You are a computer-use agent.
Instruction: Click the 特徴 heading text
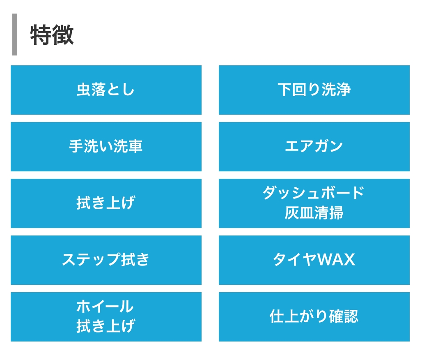(52, 35)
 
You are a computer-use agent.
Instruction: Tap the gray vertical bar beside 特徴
(15, 35)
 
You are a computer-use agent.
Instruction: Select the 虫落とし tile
(106, 90)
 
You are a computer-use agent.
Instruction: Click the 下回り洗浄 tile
(314, 90)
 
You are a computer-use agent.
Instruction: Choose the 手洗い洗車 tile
(106, 147)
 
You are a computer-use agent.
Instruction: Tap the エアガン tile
(314, 147)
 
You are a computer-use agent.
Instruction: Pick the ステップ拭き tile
(106, 260)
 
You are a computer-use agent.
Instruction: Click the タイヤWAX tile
(314, 260)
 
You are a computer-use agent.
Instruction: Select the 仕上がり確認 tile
(314, 316)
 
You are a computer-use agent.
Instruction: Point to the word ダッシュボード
(314, 193)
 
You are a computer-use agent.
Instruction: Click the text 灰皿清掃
(314, 213)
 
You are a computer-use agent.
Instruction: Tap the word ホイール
(105, 307)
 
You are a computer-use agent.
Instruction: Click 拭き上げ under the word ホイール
(105, 326)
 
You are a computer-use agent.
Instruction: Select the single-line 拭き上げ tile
(106, 203)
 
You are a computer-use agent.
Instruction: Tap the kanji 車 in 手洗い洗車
(135, 146)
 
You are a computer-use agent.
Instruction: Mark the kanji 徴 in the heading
(63, 35)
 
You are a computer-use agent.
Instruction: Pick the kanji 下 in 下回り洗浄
(285, 90)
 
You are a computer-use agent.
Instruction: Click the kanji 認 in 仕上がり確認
(351, 316)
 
